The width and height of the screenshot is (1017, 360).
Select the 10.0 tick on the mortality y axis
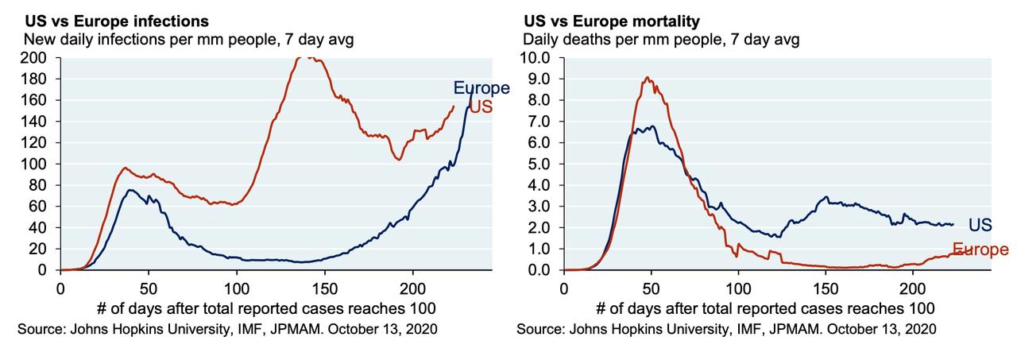point(540,58)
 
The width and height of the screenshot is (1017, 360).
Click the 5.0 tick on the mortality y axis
point(543,165)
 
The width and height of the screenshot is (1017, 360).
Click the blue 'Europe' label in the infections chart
point(481,88)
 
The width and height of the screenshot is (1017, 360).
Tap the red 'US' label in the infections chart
point(481,106)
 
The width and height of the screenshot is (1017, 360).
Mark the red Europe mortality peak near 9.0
point(648,77)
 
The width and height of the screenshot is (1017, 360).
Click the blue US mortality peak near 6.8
point(652,126)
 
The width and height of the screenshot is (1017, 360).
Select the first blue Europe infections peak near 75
point(130,190)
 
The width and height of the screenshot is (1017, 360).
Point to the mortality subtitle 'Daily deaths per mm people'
point(661,39)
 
